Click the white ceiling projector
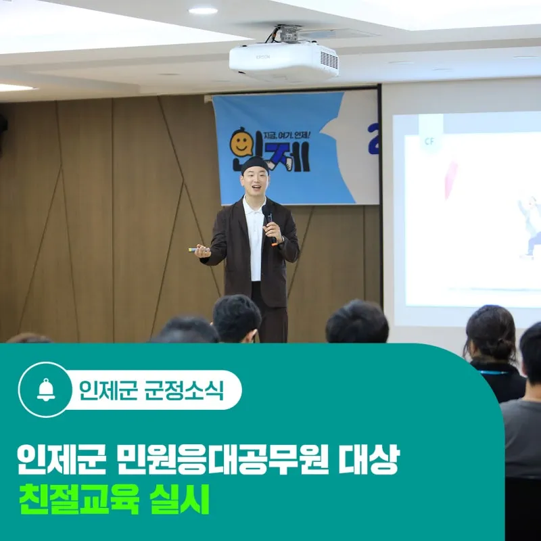tap(283, 61)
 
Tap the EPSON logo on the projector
tap(263, 57)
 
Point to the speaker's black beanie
tap(254, 164)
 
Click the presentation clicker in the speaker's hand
tap(197, 250)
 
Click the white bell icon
tap(46, 390)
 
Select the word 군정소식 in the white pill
tap(184, 390)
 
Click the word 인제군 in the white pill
tap(108, 390)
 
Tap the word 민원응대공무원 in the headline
tap(222, 459)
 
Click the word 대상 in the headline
tap(369, 459)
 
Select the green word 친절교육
tap(79, 499)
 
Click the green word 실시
tap(179, 499)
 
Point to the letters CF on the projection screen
tap(429, 141)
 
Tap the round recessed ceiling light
tap(203, 11)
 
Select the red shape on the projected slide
tap(450, 180)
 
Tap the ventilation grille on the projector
tap(329, 60)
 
